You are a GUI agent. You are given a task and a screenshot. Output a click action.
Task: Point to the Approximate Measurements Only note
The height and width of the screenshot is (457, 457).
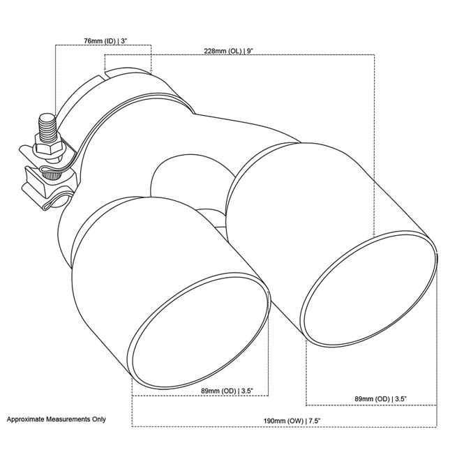[x=57, y=420]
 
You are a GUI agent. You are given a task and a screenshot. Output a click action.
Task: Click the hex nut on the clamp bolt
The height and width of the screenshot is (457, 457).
[x=51, y=147]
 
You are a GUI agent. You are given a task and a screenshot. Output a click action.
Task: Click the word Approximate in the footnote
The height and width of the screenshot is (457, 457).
[x=27, y=420]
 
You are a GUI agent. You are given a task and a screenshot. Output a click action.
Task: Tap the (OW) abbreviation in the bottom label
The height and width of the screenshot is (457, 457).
[x=295, y=421]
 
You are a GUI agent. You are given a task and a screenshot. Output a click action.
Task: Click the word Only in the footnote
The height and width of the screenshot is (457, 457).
[x=98, y=420]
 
